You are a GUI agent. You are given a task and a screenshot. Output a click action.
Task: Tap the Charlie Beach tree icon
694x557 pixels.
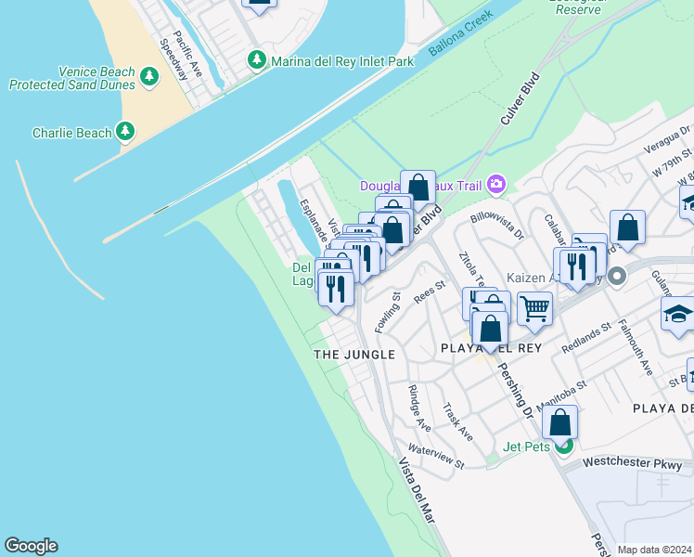126,132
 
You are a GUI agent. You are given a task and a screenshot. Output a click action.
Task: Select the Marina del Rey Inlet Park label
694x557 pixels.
341,62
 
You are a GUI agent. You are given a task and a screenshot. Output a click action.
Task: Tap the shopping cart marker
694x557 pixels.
534,307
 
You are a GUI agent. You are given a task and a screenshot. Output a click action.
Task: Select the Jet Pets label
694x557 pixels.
526,447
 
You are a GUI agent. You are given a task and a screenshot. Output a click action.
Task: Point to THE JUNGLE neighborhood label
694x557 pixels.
354,355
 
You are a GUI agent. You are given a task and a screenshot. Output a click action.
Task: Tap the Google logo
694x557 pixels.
31,546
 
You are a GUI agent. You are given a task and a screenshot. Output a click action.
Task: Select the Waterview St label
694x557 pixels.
436,455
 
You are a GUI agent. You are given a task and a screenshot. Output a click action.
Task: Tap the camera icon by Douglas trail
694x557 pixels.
496,185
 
